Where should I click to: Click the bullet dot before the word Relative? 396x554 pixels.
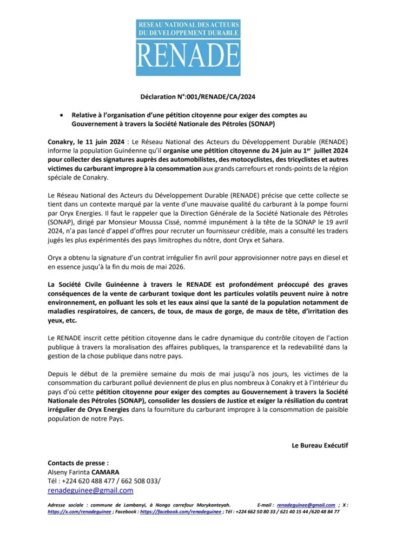click(x=63, y=115)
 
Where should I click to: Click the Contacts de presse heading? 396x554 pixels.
click(x=78, y=463)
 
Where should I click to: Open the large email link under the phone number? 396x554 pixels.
click(x=90, y=490)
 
